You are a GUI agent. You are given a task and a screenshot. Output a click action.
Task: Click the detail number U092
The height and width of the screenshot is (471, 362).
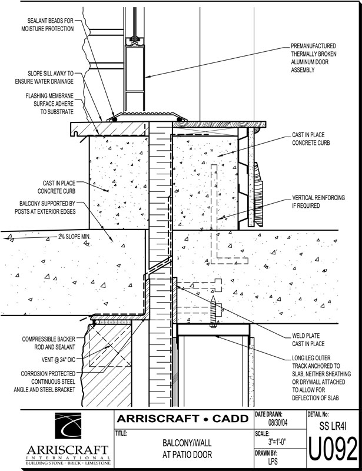click(333, 451)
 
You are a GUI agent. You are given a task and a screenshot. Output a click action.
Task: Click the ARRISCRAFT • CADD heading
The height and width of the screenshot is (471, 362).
click(183, 420)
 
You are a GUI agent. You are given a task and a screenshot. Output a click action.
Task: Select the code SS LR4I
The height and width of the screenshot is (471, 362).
click(333, 425)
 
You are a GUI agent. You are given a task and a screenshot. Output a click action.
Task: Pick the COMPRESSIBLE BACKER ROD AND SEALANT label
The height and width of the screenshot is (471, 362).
click(48, 343)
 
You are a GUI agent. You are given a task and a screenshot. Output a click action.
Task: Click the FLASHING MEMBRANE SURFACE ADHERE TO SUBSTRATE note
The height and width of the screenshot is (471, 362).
click(49, 103)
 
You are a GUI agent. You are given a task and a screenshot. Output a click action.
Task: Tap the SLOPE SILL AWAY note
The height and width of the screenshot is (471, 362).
click(49, 78)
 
